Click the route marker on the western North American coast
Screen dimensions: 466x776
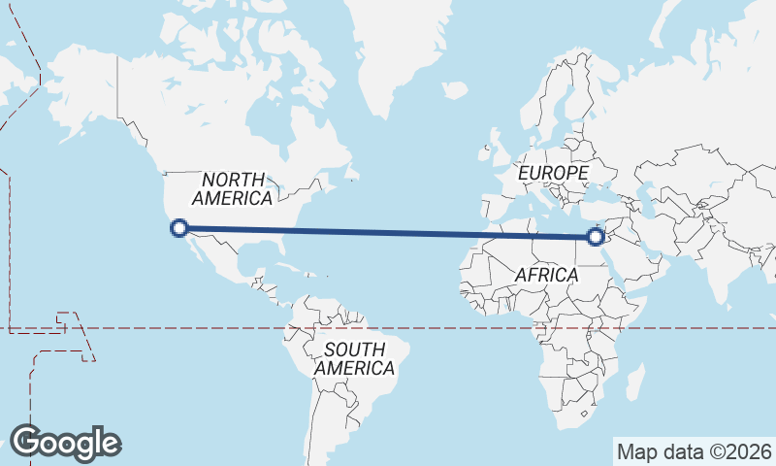click(178, 228)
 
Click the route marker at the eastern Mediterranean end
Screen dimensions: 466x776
click(597, 236)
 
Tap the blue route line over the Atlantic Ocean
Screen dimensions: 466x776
click(388, 232)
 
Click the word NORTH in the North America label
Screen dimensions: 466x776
click(233, 180)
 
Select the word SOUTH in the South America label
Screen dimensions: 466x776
click(355, 349)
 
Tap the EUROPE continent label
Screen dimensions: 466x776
click(553, 173)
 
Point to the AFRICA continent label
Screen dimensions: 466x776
click(546, 276)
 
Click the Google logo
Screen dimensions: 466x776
click(65, 442)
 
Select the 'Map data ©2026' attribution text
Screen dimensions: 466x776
click(694, 451)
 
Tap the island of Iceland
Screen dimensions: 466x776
click(455, 89)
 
